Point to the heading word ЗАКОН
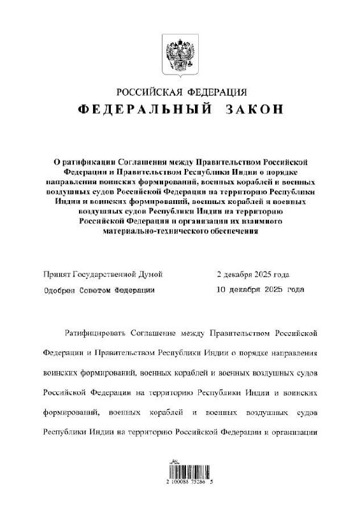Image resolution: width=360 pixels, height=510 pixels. coord(254,109)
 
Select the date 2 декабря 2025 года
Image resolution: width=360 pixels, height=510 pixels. coord(253,274)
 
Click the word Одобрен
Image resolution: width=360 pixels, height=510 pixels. coord(60,289)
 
